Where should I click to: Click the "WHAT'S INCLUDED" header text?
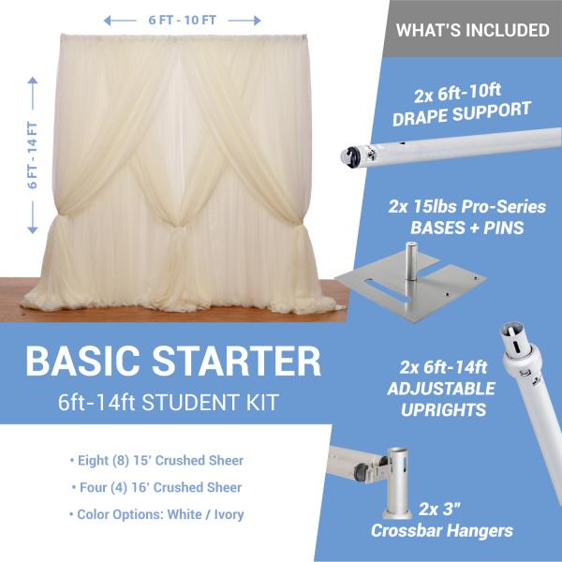pos(472,30)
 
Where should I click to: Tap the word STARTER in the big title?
pos(237,362)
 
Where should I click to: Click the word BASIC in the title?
pos(82,362)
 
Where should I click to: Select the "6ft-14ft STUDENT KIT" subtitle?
pos(169,402)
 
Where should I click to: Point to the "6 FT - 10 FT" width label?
pos(183,20)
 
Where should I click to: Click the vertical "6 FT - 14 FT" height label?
pos(33,155)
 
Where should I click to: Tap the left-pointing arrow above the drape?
pos(120,21)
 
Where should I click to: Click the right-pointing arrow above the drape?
pos(244,21)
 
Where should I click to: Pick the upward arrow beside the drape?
pos(33,93)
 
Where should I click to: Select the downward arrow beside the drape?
pos(33,217)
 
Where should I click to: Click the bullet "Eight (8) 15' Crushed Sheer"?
pos(157,461)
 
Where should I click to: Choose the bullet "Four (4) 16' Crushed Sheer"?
pos(156,487)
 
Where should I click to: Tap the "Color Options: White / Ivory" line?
pos(156,514)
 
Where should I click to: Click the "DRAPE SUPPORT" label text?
pos(462,113)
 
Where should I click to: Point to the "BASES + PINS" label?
pos(467,228)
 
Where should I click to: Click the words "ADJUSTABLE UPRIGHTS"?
pos(442,399)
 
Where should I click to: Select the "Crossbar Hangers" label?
pos(442,530)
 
